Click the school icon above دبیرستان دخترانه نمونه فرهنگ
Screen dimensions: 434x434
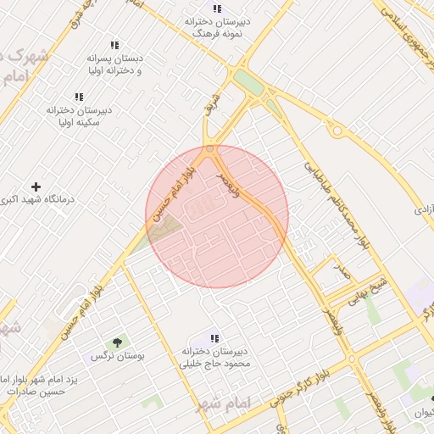pyautogui.click(x=218, y=8)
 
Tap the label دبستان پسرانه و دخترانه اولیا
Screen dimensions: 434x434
pyautogui.click(x=114, y=64)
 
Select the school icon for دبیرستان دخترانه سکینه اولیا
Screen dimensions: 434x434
pyautogui.click(x=79, y=97)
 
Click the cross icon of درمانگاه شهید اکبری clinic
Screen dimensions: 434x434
pyautogui.click(x=36, y=186)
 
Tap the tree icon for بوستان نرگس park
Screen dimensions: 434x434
pyautogui.click(x=117, y=343)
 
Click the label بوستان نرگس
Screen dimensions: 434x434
pyautogui.click(x=118, y=357)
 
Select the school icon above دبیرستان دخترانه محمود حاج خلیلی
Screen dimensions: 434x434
pyautogui.click(x=214, y=337)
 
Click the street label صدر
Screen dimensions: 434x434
pyautogui.click(x=340, y=272)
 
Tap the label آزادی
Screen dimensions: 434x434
pyautogui.click(x=423, y=209)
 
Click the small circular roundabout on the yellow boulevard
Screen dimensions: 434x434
pyautogui.click(x=337, y=131)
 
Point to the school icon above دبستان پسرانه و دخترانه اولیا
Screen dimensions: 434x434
pyautogui.click(x=114, y=45)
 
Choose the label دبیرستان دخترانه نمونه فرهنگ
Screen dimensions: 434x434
pyautogui.click(x=218, y=28)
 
